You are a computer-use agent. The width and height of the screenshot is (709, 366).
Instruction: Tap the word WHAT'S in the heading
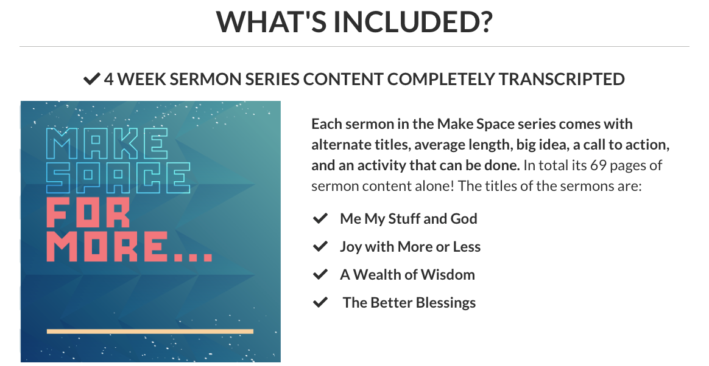(270, 21)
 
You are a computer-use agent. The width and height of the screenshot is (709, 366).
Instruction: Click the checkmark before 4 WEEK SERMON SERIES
(91, 79)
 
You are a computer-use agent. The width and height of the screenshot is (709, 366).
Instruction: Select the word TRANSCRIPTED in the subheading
(562, 79)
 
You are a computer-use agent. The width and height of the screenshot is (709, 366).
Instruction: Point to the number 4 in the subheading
(108, 79)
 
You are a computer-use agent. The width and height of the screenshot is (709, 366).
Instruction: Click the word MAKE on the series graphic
(107, 143)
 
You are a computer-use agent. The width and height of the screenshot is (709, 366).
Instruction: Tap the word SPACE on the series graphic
(118, 178)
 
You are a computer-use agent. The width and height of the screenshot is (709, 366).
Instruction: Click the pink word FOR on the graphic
(89, 212)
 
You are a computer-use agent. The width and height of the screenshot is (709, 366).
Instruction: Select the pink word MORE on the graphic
(106, 246)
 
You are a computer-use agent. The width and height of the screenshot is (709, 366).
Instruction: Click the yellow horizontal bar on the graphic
(150, 332)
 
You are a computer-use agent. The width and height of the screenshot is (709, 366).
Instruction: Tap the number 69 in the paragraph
(598, 165)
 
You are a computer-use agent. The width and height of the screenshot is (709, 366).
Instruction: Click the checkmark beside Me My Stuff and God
(320, 219)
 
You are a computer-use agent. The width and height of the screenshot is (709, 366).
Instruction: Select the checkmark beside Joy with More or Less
(320, 247)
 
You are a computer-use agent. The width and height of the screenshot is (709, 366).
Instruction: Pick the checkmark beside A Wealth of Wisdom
(320, 275)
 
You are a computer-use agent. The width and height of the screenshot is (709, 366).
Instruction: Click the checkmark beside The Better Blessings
(320, 303)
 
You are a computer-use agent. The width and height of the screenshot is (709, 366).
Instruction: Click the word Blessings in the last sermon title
(446, 303)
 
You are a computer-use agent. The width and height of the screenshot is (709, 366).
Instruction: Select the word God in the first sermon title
(464, 219)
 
